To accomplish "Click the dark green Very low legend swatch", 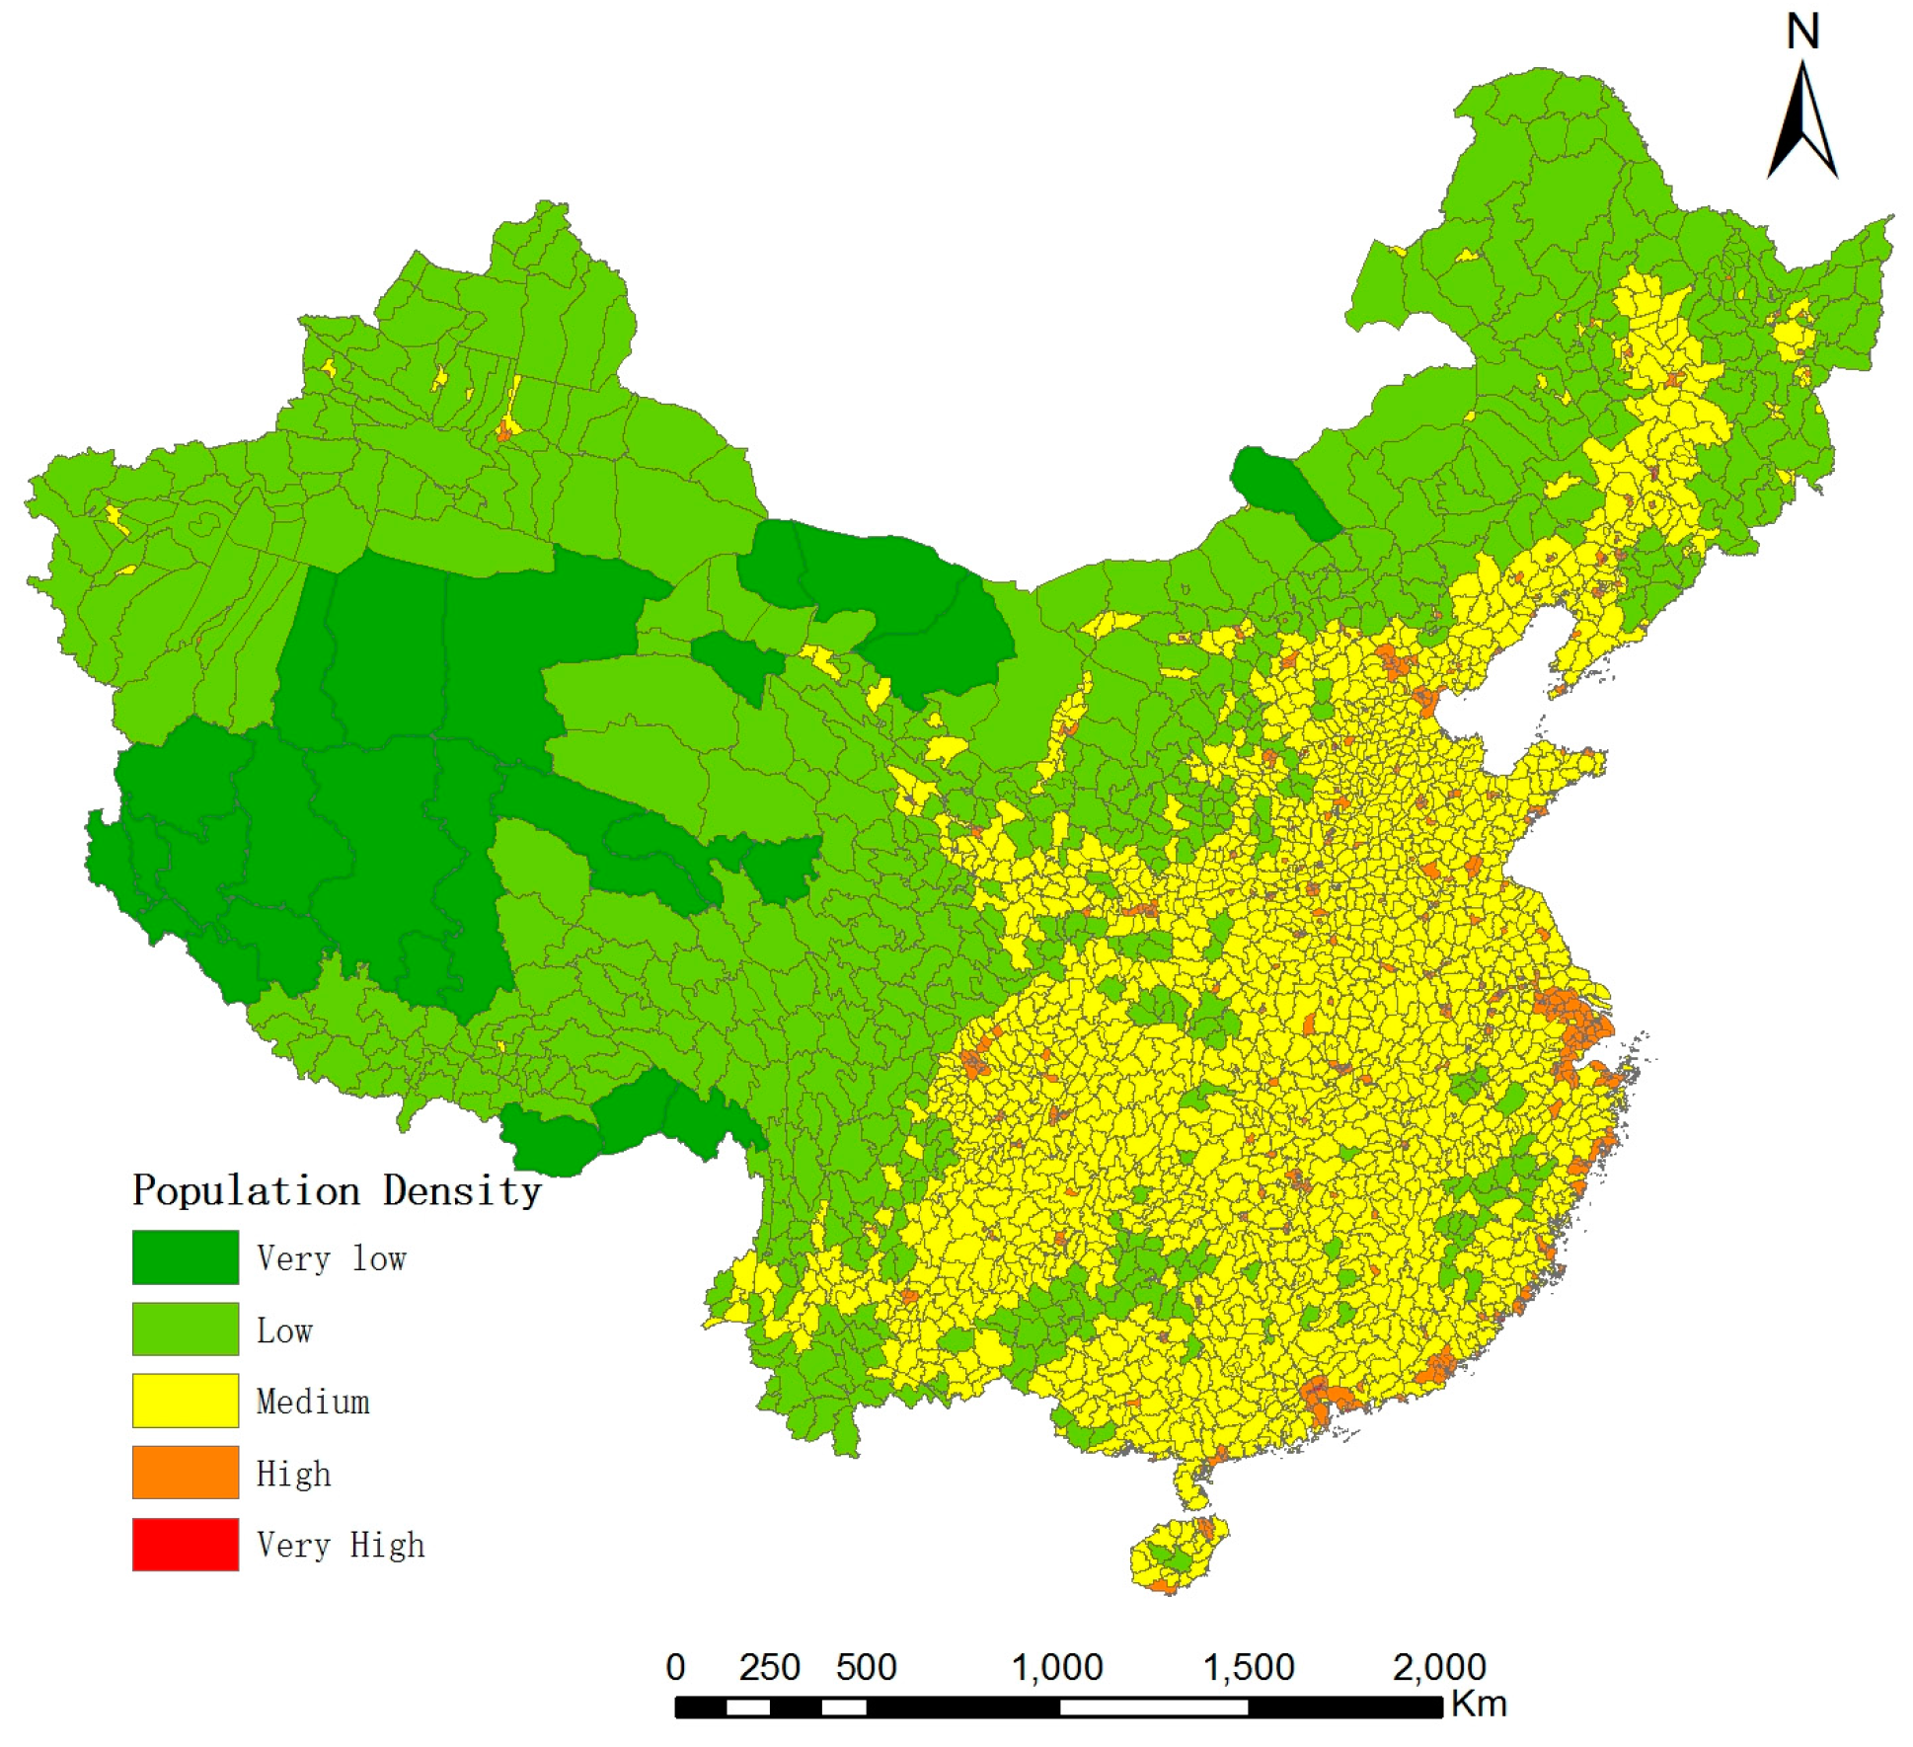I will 185,1256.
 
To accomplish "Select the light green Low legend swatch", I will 185,1329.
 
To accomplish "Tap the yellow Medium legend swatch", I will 185,1401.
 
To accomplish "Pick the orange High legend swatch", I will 185,1472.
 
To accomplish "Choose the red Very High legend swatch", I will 185,1544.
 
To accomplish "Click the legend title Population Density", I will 337,1190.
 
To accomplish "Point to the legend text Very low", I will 331,1258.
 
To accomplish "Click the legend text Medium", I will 312,1402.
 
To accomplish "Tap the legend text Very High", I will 340,1545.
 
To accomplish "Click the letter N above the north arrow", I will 1802,33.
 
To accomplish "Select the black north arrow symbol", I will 1802,123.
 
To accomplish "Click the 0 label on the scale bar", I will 675,1667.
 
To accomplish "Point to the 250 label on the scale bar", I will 769,1667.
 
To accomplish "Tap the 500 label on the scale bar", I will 866,1667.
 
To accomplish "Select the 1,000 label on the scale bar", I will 1057,1667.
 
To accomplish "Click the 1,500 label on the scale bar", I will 1249,1667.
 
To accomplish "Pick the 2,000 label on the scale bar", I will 1439,1667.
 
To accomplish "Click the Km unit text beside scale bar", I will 1479,1705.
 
